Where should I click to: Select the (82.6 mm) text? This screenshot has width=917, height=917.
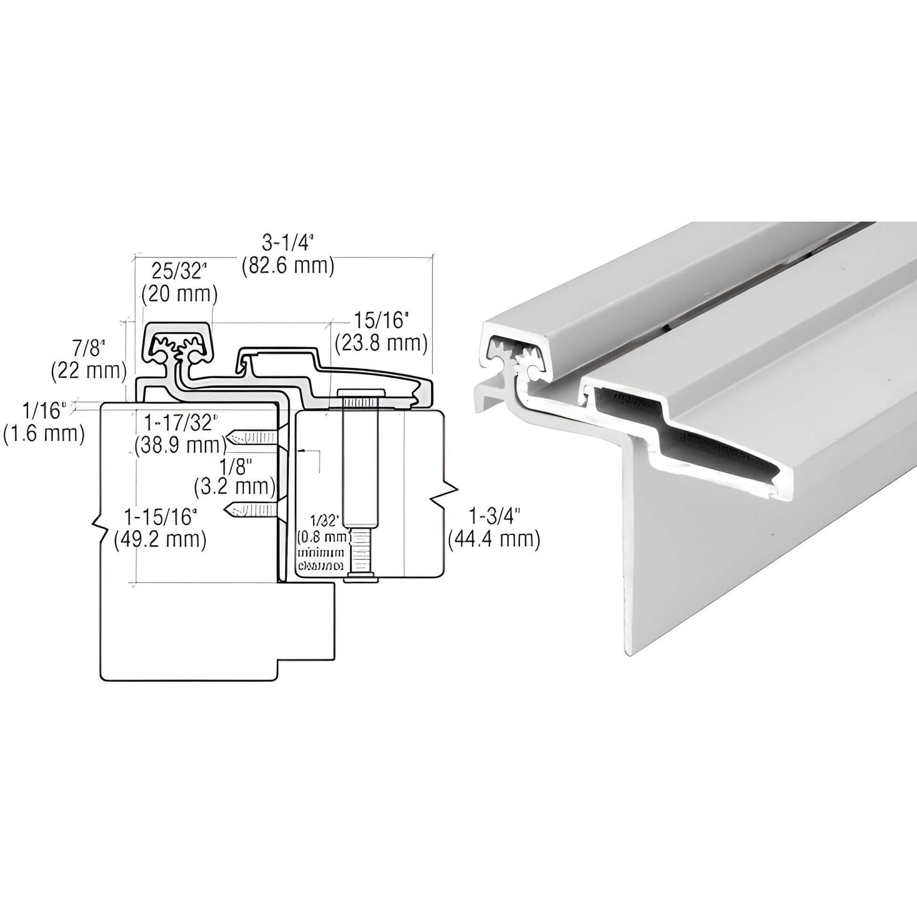click(x=287, y=266)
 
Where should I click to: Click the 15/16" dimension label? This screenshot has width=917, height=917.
click(x=381, y=320)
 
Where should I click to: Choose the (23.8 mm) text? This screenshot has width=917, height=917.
click(x=381, y=343)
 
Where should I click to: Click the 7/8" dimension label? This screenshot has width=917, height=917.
click(x=89, y=349)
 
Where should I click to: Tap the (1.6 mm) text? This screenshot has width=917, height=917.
click(x=44, y=434)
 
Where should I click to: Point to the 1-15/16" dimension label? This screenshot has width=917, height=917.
click(x=160, y=517)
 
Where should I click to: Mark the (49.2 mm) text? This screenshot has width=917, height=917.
click(x=160, y=540)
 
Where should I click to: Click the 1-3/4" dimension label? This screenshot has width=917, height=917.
click(x=494, y=517)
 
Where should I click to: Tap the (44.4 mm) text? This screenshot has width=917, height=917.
click(x=494, y=540)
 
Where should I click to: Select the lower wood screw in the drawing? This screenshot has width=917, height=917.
click(x=251, y=510)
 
